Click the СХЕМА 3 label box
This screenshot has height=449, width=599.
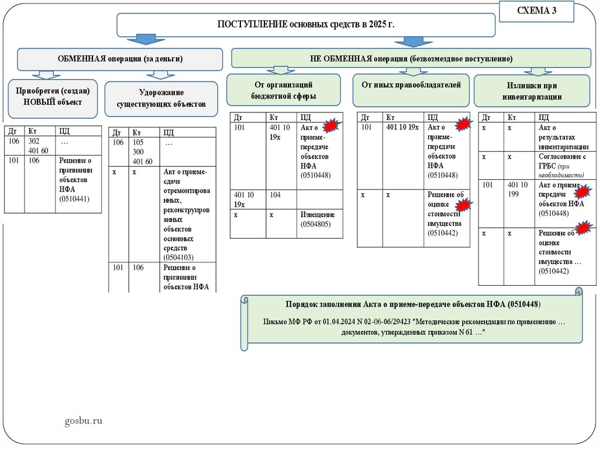(536, 12)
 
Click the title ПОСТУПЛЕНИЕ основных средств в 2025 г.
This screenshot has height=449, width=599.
(306, 25)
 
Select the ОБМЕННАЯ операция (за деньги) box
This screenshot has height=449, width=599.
(120, 59)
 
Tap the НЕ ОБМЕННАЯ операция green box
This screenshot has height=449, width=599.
(411, 59)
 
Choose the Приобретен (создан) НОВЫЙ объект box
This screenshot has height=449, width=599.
(53, 97)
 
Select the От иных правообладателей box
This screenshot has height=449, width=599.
(411, 85)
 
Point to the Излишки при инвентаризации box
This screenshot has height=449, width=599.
(532, 91)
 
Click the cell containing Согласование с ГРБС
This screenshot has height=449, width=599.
(562, 166)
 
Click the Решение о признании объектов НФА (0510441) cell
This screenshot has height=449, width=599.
(78, 183)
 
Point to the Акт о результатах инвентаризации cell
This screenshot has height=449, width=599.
(562, 137)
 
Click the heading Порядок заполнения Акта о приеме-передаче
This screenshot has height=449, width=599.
(413, 305)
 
